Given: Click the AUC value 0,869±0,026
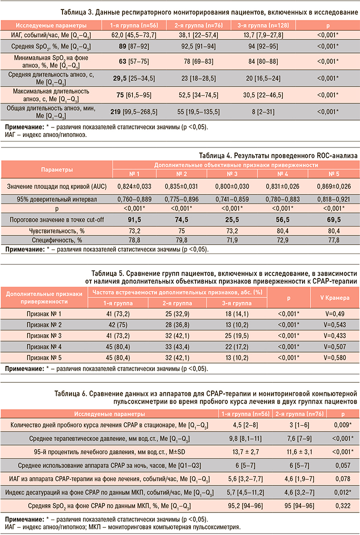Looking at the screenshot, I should coord(332,185).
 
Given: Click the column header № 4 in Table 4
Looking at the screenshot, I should coord(282,174).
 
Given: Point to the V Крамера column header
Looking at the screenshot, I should coord(334,298).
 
